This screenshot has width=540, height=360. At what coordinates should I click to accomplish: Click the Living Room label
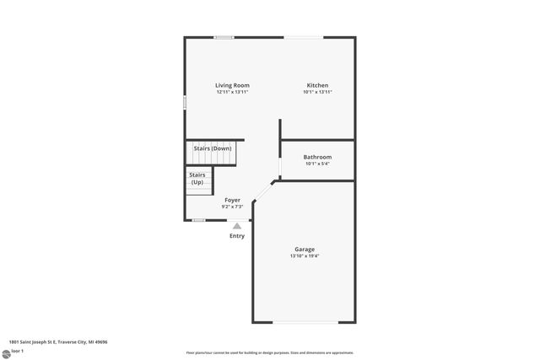[232, 85]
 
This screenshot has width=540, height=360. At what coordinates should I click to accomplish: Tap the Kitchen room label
[317, 85]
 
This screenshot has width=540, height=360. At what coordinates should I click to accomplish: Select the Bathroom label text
[317, 157]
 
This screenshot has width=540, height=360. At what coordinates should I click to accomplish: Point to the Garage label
[305, 250]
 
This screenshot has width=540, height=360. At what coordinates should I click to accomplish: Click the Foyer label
[232, 200]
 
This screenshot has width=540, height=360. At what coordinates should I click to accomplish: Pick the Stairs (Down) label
[213, 148]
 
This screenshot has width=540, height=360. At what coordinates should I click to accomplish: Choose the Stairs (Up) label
[197, 179]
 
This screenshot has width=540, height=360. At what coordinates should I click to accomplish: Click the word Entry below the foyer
[237, 236]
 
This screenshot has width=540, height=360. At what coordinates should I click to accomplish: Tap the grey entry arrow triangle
[237, 225]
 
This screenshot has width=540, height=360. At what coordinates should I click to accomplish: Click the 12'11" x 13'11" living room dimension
[232, 92]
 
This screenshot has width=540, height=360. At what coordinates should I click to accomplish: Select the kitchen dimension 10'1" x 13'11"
[317, 92]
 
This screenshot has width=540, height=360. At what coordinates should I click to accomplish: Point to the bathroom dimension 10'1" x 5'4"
[317, 164]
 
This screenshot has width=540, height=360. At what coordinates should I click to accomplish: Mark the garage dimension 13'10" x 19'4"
[305, 256]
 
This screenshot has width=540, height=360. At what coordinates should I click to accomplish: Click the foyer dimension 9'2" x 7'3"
[232, 207]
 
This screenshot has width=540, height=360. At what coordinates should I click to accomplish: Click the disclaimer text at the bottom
[270, 352]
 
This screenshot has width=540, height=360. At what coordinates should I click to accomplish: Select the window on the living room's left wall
[186, 102]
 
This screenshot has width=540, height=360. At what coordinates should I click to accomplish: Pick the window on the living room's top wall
[224, 37]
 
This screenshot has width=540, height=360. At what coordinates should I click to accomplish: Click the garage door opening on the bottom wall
[304, 323]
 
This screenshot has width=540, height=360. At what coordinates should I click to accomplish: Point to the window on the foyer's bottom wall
[198, 220]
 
